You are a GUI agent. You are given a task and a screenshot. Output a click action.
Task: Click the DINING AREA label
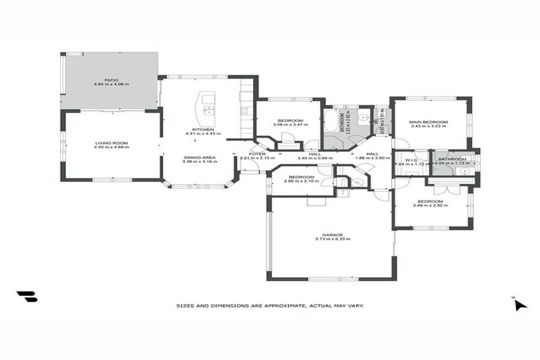point(200,157)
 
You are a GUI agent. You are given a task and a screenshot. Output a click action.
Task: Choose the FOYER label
point(257,153)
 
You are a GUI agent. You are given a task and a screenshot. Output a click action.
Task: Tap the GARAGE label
point(333,235)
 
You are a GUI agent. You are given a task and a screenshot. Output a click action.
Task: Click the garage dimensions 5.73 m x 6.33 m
point(333,240)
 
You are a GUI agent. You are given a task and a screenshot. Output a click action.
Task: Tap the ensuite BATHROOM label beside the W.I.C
point(451,159)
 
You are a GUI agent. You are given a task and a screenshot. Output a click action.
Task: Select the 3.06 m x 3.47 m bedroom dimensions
point(290,126)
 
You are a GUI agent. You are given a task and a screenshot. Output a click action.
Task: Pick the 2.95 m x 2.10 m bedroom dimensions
point(301,181)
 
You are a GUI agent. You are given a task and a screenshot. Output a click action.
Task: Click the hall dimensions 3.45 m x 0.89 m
point(314,158)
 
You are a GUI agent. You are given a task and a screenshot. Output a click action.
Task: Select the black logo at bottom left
point(27,297)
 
